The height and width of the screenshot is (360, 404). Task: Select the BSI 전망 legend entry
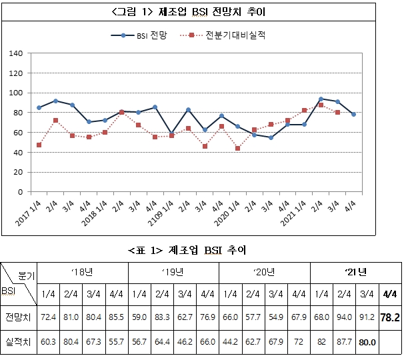pos(139,35)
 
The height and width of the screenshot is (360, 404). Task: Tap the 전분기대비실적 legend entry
pos(223,35)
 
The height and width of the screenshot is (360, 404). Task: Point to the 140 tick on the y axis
pos(16,53)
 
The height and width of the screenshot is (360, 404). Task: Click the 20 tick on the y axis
pos(18,172)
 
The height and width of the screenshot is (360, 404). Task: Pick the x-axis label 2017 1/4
pos(29,213)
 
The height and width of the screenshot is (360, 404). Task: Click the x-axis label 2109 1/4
pos(161,213)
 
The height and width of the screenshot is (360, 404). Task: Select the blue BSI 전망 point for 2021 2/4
pos(321,99)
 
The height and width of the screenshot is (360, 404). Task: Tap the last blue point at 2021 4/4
pos(353,115)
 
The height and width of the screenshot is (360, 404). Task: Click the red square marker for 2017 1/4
pos(39,145)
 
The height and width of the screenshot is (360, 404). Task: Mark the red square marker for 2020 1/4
pos(237,148)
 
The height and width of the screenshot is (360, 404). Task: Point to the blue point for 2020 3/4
pos(271,137)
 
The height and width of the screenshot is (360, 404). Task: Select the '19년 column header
pos(173,272)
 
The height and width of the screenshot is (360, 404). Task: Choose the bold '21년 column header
pos(356,272)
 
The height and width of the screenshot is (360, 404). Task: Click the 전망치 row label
pos(18,317)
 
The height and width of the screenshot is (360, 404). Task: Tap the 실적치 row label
pos(18,342)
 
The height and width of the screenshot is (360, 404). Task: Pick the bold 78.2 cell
pos(390,317)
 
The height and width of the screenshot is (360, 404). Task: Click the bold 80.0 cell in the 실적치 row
pos(367,342)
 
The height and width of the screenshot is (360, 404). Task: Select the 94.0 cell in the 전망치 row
pos(344,317)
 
